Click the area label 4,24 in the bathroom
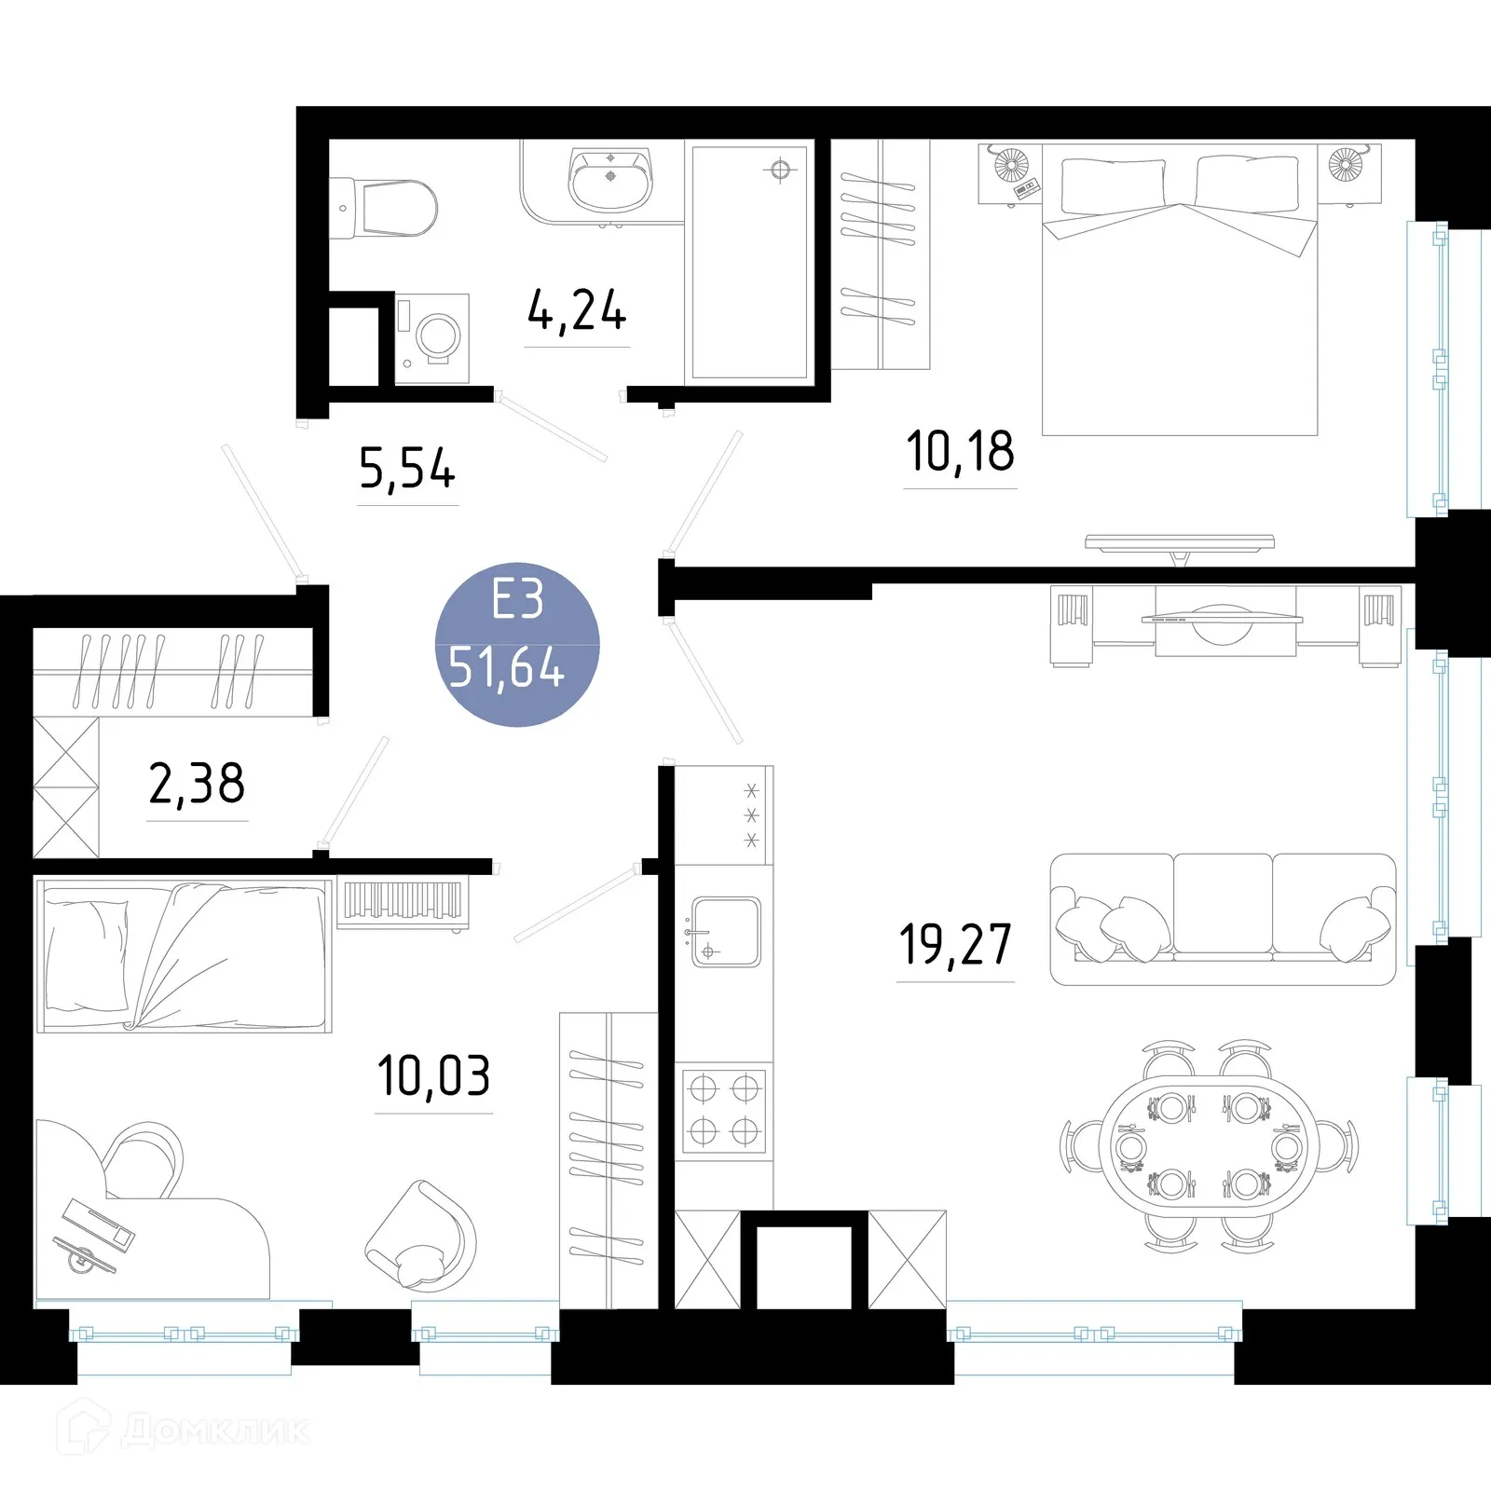[577, 311]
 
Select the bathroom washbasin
[610, 180]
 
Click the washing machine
[433, 337]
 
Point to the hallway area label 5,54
[407, 469]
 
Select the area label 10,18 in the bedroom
[960, 452]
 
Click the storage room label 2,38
[197, 784]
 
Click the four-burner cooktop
[724, 1110]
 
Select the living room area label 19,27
[955, 945]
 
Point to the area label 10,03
[433, 1076]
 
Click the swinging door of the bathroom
[553, 427]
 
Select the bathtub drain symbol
[780, 170]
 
